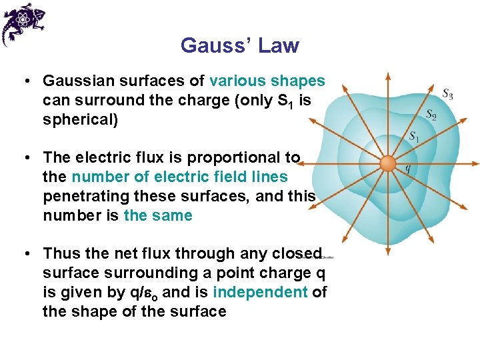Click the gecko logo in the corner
click(23, 23)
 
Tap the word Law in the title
click(279, 46)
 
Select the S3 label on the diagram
click(448, 94)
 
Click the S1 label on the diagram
click(414, 137)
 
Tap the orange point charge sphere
click(388, 164)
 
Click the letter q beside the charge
click(407, 168)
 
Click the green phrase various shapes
click(267, 81)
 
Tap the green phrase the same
click(158, 215)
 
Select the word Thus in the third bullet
click(62, 254)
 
